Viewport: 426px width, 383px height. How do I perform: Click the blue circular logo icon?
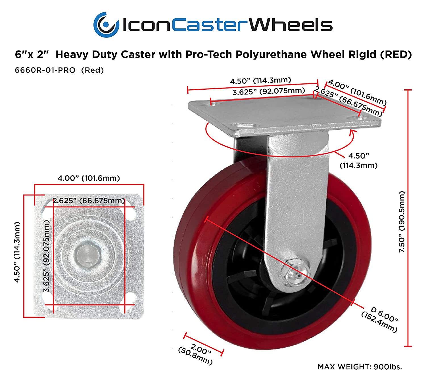(x=106, y=25)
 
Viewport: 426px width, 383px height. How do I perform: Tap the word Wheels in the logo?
(x=291, y=25)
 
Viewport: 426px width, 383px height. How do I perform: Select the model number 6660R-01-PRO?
(x=45, y=70)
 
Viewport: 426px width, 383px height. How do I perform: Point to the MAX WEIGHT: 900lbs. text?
(x=360, y=367)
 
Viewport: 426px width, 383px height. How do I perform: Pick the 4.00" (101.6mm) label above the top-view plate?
(x=89, y=178)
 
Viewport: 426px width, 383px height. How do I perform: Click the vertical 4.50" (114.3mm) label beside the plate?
(x=17, y=252)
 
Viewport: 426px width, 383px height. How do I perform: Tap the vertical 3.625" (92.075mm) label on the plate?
(x=47, y=256)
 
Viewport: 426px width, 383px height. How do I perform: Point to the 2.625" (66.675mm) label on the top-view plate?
(x=89, y=201)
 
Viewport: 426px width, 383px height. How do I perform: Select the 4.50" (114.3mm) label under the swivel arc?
(x=358, y=160)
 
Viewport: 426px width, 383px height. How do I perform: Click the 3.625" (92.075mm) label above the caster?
(x=269, y=91)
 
